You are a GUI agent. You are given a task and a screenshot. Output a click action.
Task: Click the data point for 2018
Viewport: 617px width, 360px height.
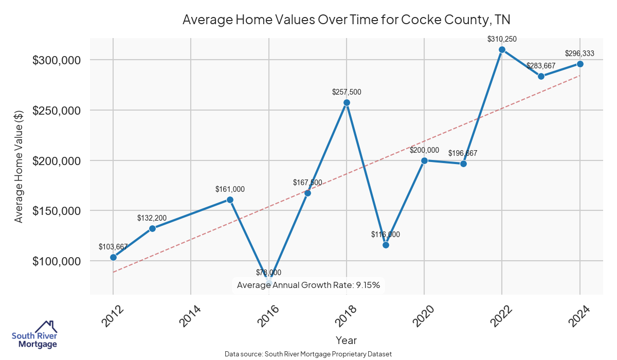[x=347, y=102]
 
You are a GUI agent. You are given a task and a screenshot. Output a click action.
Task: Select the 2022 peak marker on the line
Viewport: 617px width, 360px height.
[x=502, y=49]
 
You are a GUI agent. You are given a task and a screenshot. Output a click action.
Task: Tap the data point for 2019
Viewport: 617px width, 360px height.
[x=386, y=245]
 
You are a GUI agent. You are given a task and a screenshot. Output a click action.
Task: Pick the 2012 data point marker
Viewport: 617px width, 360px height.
[x=113, y=257]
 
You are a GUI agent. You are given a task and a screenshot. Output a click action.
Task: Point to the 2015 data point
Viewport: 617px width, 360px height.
[x=230, y=200]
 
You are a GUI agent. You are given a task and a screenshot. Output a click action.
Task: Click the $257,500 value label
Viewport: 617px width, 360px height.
[x=347, y=93]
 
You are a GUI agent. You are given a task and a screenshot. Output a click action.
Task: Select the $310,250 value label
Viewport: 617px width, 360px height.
[x=502, y=39]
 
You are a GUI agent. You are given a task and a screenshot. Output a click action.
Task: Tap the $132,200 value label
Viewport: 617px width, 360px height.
[x=152, y=218]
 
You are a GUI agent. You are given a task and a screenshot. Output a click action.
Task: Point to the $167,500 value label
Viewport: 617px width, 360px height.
[x=307, y=183]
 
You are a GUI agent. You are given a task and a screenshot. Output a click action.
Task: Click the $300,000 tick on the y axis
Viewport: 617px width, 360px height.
[x=57, y=60]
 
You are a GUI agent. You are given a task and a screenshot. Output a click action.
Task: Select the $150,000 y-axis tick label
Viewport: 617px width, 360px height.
[x=57, y=211]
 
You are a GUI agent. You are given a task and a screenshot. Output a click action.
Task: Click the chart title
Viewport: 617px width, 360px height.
[x=346, y=20]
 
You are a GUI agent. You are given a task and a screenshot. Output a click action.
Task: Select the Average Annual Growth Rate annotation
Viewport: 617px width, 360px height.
[x=308, y=285]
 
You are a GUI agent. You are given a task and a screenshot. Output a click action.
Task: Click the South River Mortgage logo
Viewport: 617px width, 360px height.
[x=34, y=334]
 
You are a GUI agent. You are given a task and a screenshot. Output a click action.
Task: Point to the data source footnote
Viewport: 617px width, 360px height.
[x=308, y=354]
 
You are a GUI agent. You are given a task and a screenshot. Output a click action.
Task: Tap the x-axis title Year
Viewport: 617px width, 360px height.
[x=346, y=340]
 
